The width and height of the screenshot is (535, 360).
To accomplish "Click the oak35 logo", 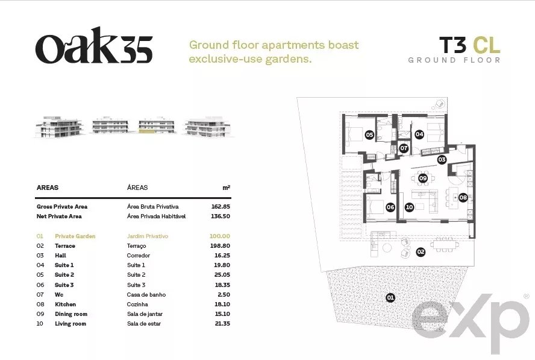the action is coord(94,45).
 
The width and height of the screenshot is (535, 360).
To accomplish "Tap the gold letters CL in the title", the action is coord(487,45).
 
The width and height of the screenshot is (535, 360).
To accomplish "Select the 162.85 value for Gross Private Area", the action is coord(221,207).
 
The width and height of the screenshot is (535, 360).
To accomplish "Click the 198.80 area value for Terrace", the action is coord(220,246).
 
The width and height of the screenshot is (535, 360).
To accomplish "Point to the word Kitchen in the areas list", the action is coord(66,305).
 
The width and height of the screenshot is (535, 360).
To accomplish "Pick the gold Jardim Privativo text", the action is coord(148,236).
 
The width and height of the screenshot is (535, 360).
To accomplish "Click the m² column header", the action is coord(226,188).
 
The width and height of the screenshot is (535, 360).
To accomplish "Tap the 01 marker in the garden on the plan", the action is coord(390,297).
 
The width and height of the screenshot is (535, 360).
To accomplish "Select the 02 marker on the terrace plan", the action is coord(421,252).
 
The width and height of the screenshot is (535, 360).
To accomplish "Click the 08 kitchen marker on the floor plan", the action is coord(463,197).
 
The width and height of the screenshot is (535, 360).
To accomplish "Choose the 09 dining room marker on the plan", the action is coord(423,178).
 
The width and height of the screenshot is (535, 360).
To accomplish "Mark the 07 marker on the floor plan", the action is coord(404,148).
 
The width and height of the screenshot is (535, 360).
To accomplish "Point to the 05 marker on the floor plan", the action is coord(369,135).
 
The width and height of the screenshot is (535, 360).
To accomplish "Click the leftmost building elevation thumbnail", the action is coord(60,127).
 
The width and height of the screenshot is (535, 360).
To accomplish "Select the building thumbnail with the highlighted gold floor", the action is coord(157,125).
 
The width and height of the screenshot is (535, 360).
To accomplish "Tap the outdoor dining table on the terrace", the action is coord(445,245).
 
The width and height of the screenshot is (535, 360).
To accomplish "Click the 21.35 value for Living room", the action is coord(222,324).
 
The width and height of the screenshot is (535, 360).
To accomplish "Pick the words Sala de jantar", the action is coord(145,314).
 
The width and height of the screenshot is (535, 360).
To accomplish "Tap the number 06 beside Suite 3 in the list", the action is coord(40,285).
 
